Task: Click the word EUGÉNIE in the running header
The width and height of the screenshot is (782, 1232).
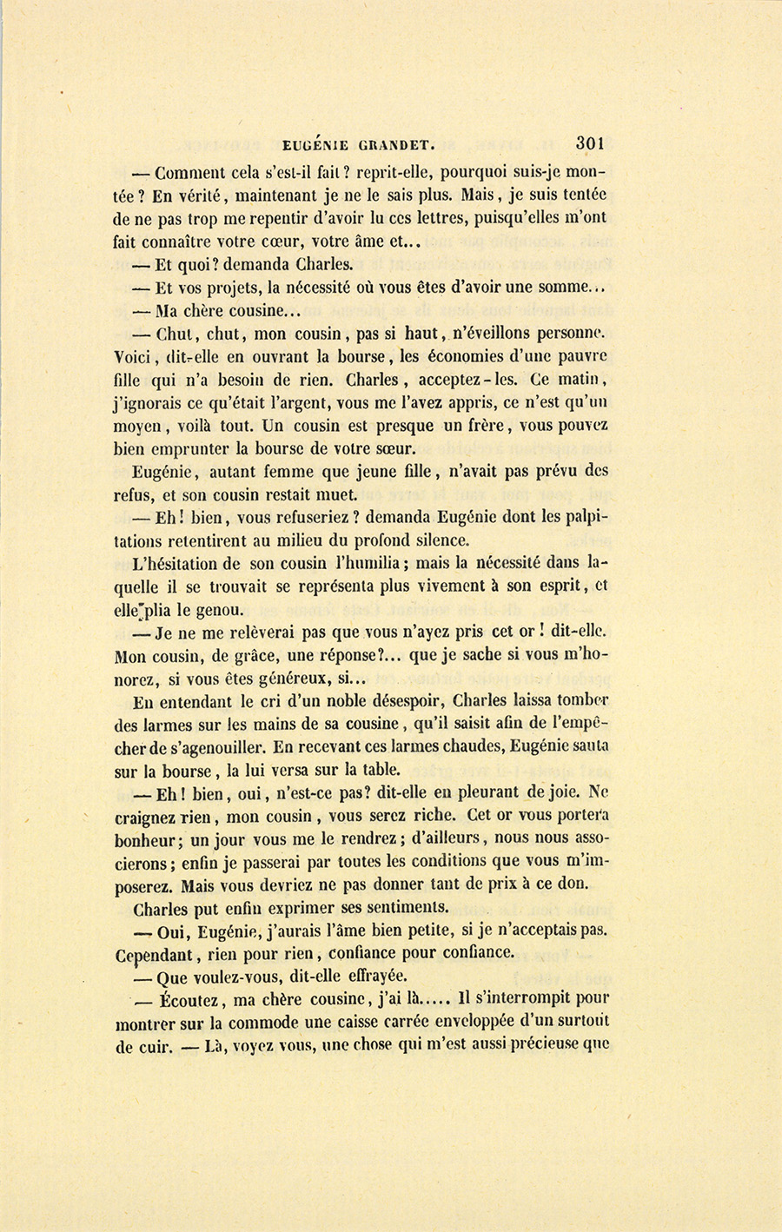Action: coord(327,146)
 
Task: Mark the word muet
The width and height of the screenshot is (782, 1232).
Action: coord(340,495)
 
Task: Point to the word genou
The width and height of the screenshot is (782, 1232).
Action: coord(220,609)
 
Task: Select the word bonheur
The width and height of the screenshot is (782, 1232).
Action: coord(148,840)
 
